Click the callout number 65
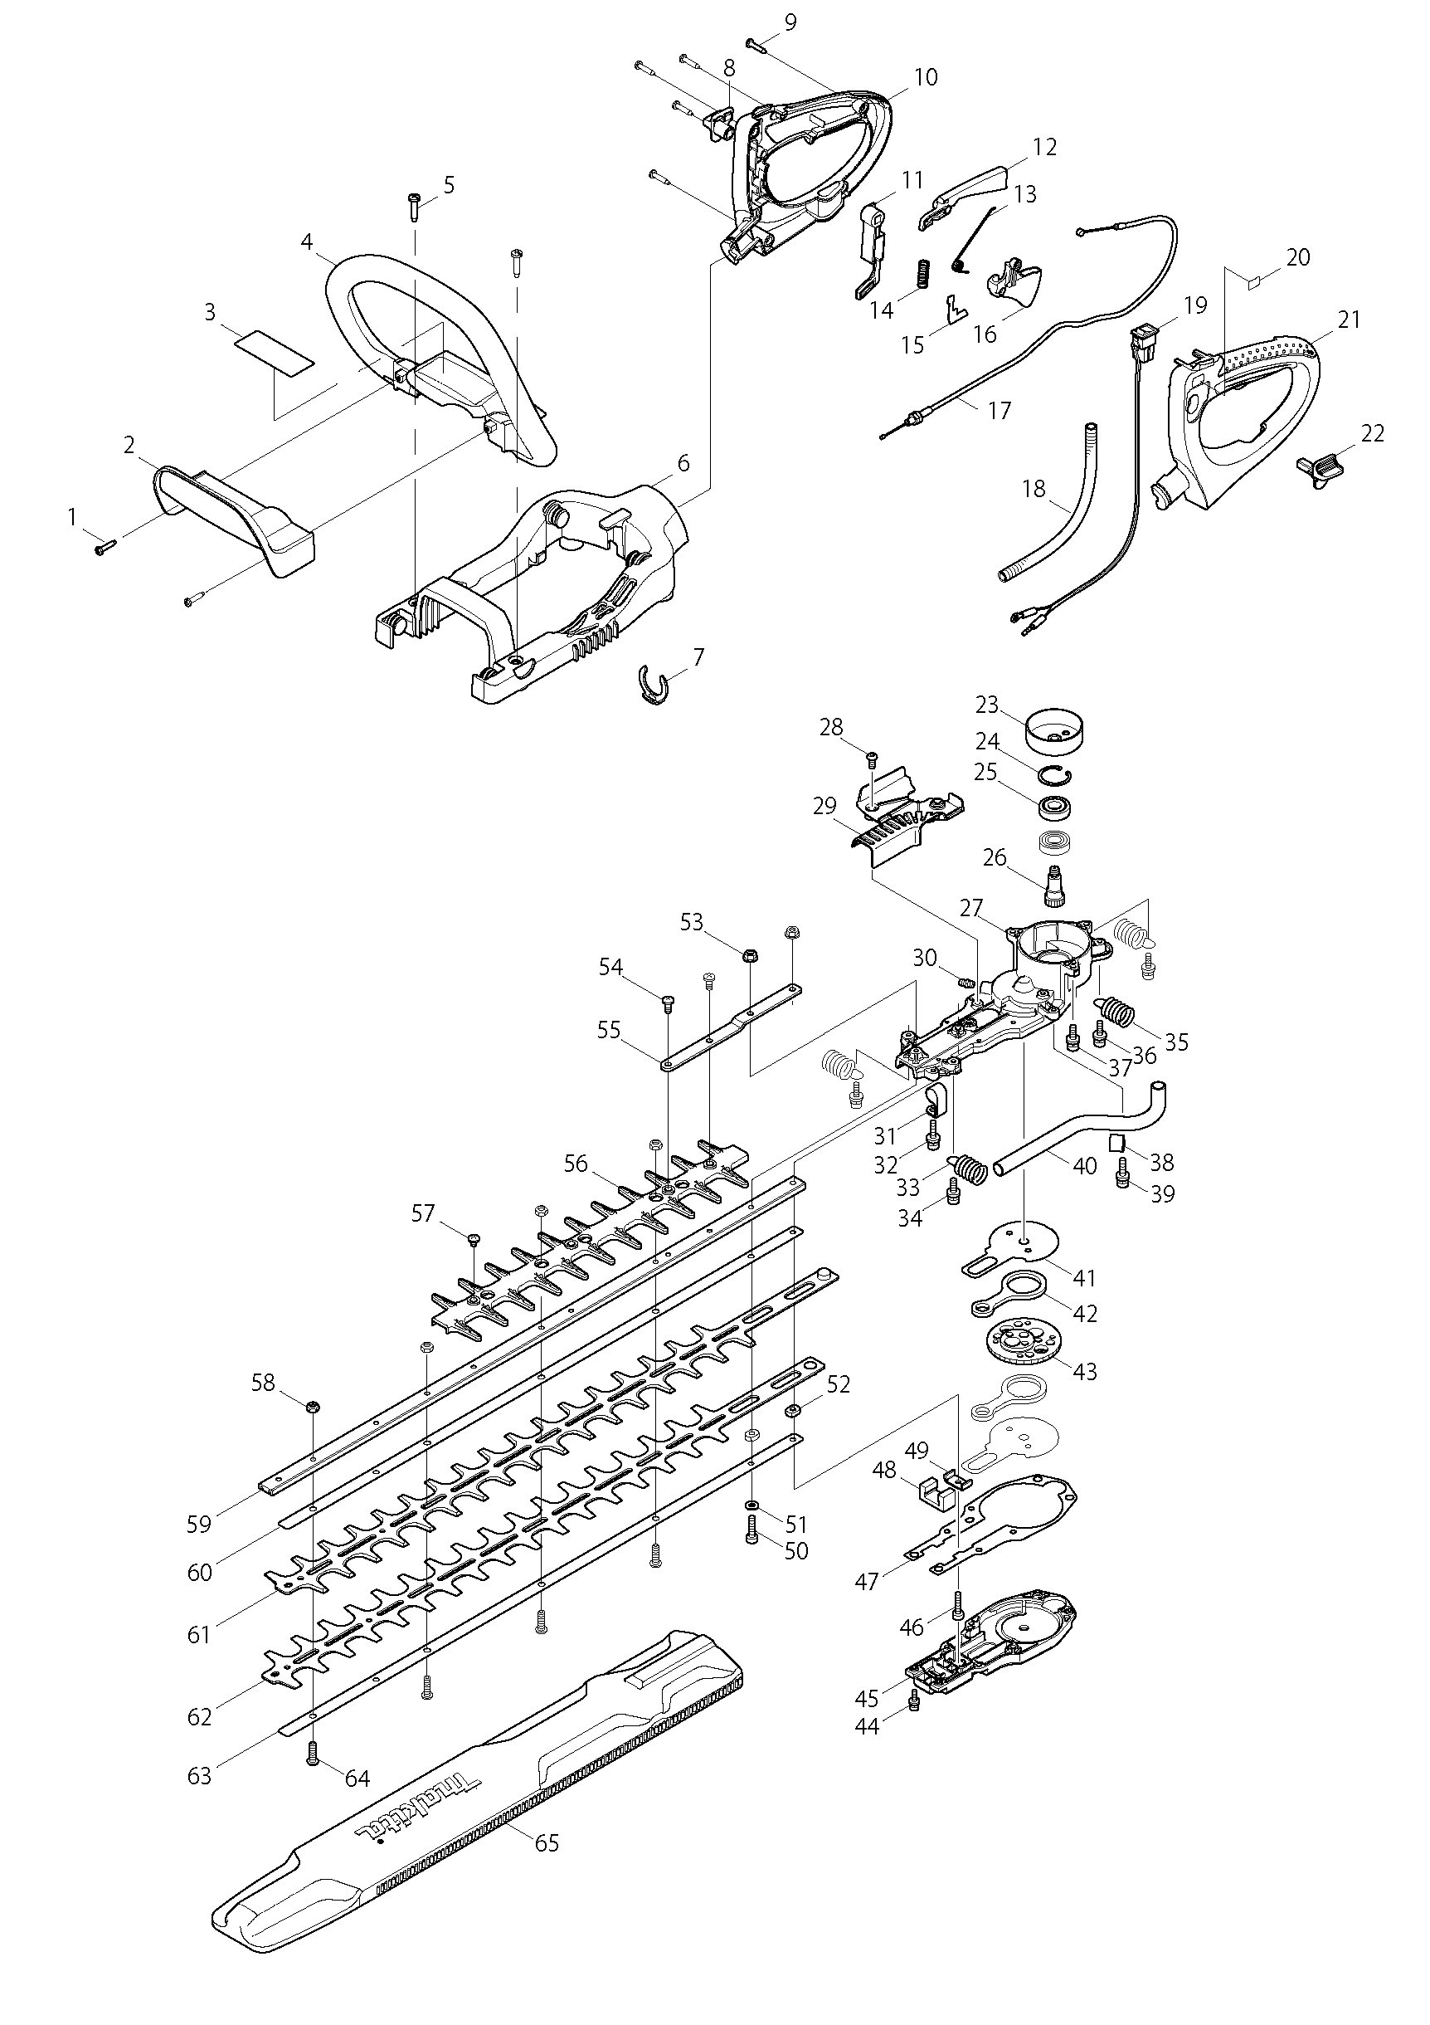point(547,1842)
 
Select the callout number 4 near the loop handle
point(307,241)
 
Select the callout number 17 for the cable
point(999,410)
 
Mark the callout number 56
point(576,1164)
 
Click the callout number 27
point(970,908)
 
